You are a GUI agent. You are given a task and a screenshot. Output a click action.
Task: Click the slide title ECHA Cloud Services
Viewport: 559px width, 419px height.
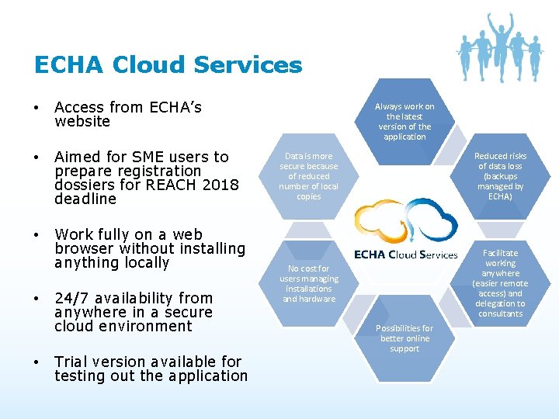[x=168, y=64]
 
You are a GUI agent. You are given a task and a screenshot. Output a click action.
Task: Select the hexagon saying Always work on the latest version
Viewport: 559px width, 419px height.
[x=404, y=121]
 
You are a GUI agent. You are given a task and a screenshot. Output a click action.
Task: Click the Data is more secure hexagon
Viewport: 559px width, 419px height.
[x=309, y=175]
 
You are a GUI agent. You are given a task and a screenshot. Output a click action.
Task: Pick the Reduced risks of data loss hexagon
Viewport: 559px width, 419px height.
[x=500, y=175]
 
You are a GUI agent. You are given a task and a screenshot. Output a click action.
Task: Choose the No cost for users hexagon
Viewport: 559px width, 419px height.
[x=309, y=284]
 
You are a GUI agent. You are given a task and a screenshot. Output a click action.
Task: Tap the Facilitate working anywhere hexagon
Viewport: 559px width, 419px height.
[x=501, y=283]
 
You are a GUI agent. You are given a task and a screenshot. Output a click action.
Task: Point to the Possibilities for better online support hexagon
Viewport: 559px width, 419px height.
[x=404, y=338]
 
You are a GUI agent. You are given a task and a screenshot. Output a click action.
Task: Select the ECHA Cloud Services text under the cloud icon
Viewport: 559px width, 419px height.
[x=405, y=255]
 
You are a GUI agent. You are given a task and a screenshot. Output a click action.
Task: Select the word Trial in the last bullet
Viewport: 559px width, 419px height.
[x=71, y=362]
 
